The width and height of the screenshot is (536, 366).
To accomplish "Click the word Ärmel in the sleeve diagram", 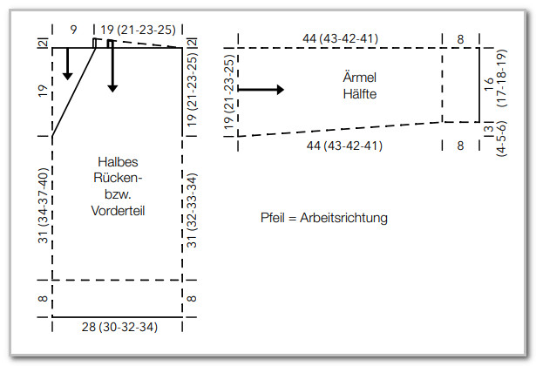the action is pos(360,77).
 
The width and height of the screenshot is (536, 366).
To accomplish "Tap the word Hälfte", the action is pos(360,94).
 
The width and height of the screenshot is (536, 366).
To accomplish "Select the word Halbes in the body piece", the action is pos(118,162).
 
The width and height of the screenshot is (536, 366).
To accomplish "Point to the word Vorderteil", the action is pos(118,211).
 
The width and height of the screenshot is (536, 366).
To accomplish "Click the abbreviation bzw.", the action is pos(118,194).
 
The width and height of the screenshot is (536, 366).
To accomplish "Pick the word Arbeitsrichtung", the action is pos(343,218).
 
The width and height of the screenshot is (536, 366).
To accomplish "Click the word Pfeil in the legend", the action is pos(273,218).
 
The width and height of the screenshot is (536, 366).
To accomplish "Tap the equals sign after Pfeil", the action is pos(292,219).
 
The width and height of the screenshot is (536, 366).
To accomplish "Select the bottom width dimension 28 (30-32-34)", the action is pos(119,327).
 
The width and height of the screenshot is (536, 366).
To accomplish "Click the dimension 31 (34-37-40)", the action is pos(44,205).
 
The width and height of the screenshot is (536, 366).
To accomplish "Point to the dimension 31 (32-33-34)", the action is pos(192,210).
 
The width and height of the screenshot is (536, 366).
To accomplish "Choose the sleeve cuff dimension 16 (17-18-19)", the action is pos(496,78).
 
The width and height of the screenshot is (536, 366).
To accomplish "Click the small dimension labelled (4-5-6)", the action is pos(502,139).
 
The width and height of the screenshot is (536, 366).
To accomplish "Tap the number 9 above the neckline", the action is pos(73,30).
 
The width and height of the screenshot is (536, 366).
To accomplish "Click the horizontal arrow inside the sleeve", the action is pos(261,90).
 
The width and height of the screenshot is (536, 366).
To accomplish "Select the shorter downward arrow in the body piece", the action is pos(68,64).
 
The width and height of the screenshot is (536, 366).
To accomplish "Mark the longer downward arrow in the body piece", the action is pos(112,66).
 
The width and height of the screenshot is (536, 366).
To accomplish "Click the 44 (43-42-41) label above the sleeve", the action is pos(341,38).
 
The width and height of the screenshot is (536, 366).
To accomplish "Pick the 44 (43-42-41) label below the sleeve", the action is pos(344,146).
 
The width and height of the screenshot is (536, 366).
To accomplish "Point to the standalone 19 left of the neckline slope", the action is pos(43,91).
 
